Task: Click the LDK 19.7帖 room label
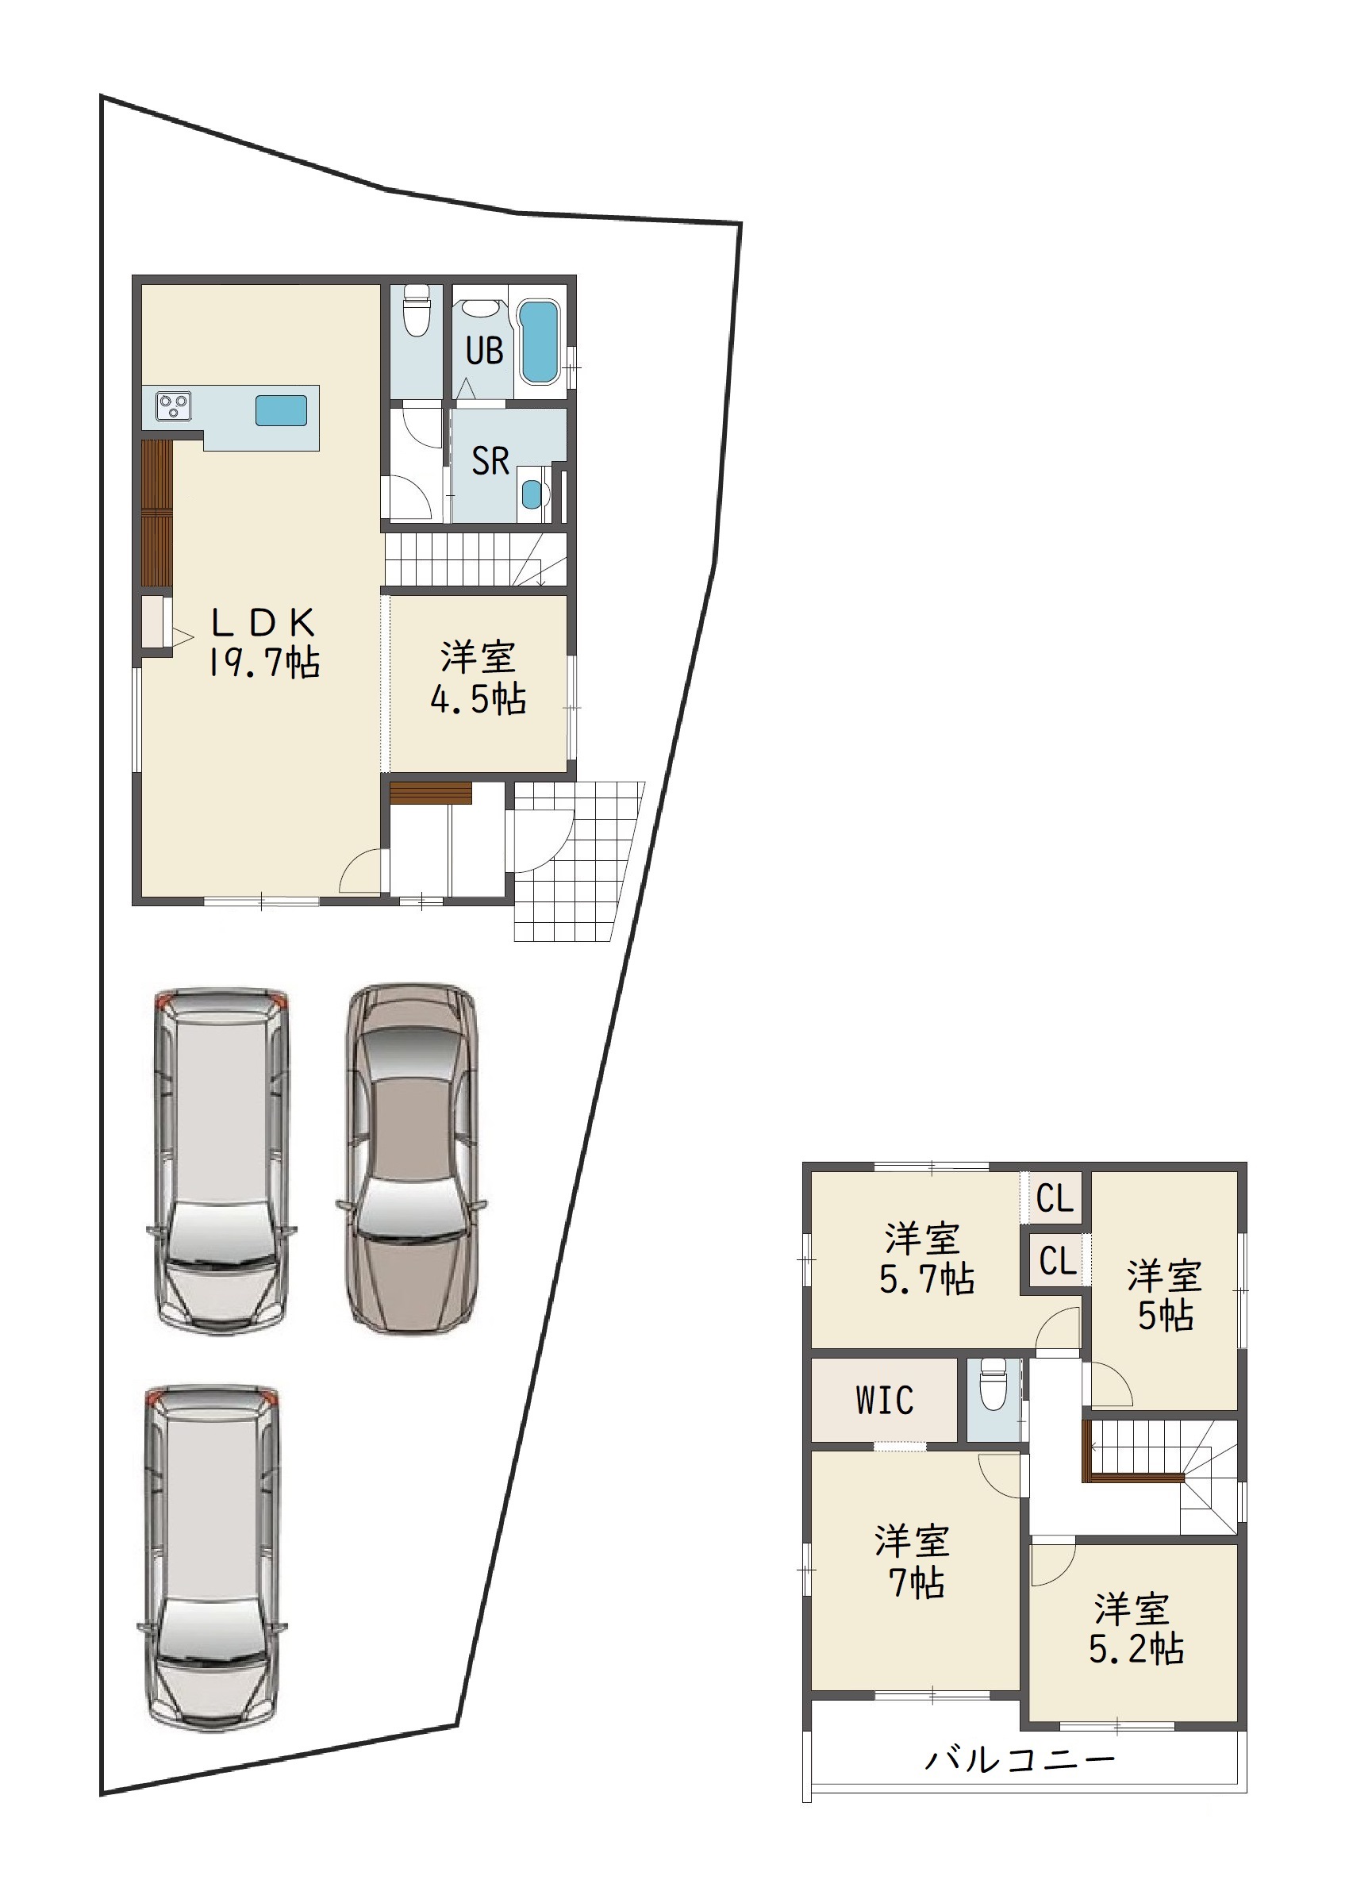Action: pyautogui.click(x=263, y=643)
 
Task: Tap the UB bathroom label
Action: pyautogui.click(x=484, y=351)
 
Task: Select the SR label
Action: pyautogui.click(x=490, y=461)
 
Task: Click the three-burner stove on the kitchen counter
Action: pyautogui.click(x=173, y=406)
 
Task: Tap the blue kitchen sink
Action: pyautogui.click(x=281, y=409)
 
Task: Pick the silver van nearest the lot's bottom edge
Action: pyautogui.click(x=213, y=1559)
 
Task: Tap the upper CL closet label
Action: pyautogui.click(x=1055, y=1199)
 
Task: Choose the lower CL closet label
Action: pyautogui.click(x=1059, y=1261)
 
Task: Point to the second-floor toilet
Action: pyautogui.click(x=993, y=1383)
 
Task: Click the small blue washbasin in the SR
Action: pyautogui.click(x=531, y=495)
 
